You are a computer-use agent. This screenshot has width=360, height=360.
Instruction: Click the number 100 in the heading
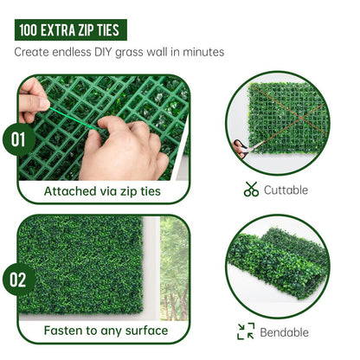[28, 30]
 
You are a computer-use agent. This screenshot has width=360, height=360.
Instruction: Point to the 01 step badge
[19, 139]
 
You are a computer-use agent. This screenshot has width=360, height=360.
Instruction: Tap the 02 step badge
[19, 280]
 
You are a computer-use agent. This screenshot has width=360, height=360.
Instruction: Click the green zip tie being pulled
[72, 119]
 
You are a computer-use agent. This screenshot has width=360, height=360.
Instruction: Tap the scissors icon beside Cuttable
[251, 190]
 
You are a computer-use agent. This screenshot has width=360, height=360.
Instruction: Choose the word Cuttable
[286, 190]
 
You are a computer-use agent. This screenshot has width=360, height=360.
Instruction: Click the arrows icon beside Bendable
[246, 331]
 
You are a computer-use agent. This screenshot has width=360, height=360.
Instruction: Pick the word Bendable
[284, 332]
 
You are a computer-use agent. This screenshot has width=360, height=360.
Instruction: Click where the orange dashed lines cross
[301, 118]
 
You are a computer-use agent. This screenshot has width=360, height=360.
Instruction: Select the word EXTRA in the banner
[57, 30]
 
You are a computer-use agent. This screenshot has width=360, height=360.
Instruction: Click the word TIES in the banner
[108, 30]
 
